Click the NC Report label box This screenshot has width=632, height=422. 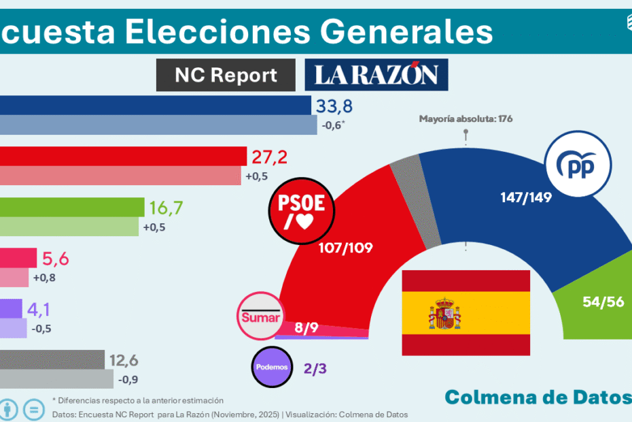(x=226, y=75)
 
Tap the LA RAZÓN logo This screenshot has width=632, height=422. (x=376, y=75)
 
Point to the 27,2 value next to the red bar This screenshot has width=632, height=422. (x=269, y=157)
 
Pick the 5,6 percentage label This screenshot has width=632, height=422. (x=56, y=259)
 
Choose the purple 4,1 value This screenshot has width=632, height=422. (x=39, y=310)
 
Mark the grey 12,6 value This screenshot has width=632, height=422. (x=127, y=360)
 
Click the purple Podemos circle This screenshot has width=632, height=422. (x=273, y=368)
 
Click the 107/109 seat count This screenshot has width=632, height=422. (x=345, y=248)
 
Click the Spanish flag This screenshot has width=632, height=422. (x=466, y=312)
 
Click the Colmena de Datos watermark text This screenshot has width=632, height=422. (x=537, y=397)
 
